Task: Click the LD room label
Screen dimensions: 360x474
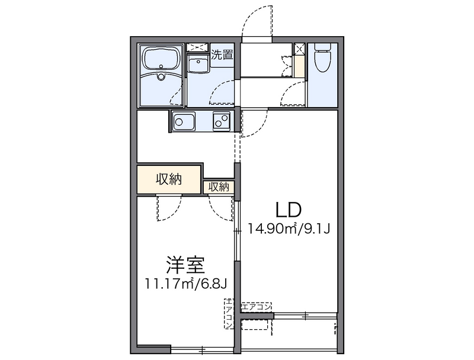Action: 288,209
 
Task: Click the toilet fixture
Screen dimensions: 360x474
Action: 323,59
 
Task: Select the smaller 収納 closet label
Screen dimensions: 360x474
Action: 219,187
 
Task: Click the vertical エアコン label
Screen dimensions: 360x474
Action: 229,314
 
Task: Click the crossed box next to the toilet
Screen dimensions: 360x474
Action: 299,49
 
